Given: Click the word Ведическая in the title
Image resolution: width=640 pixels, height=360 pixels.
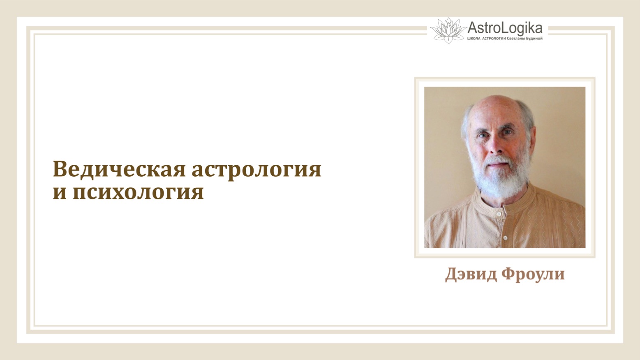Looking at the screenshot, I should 119,169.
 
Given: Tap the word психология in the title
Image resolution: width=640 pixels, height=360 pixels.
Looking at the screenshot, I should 138,192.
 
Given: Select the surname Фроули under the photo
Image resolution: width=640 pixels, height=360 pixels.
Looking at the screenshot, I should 533,274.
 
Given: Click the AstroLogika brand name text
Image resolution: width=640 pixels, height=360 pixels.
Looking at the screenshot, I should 505,28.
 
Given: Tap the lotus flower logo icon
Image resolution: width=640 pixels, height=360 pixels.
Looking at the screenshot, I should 448,30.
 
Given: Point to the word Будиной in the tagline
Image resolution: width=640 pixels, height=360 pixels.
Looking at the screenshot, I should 534,39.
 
